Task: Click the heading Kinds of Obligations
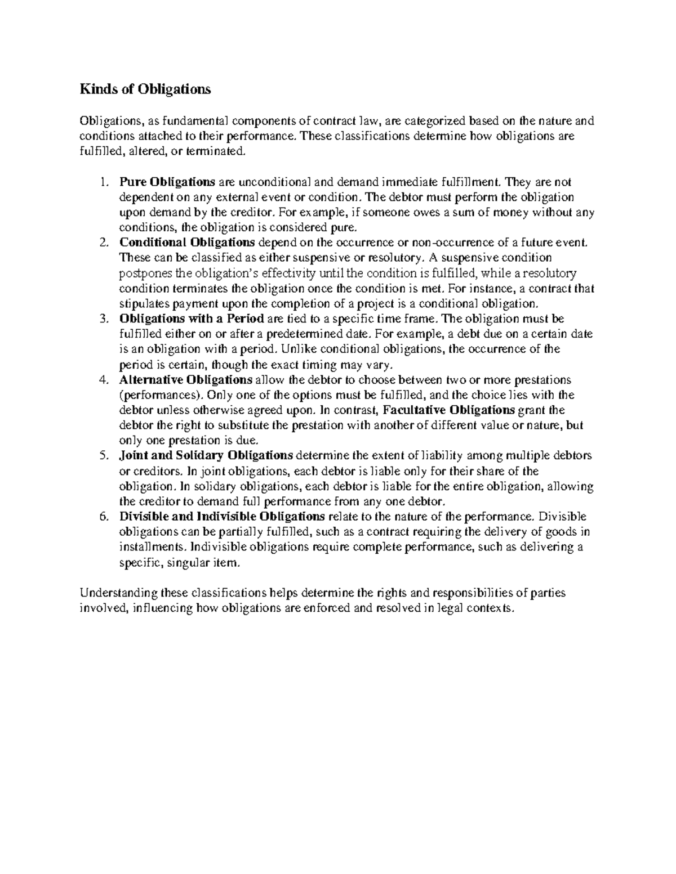tap(145, 89)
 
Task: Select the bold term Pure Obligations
tap(167, 182)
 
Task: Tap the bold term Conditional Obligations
tap(187, 243)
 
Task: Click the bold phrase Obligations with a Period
tap(192, 319)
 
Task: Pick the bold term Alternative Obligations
tap(186, 379)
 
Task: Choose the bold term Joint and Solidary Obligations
tap(206, 455)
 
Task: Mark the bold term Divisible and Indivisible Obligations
tap(222, 516)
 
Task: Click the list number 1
tap(102, 182)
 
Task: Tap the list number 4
tap(102, 379)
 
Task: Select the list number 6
tap(102, 516)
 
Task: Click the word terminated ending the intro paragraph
tap(219, 151)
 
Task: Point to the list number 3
tap(102, 319)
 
